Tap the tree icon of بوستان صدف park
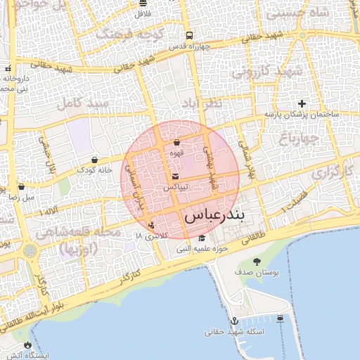coord(256,262)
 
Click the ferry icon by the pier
coord(281,319)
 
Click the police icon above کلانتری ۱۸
coord(151,225)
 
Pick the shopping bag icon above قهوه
coord(176,143)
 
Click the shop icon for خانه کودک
coord(94,160)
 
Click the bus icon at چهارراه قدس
coord(189,35)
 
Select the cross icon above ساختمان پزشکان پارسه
coord(302,103)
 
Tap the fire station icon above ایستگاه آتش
coord(27,345)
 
